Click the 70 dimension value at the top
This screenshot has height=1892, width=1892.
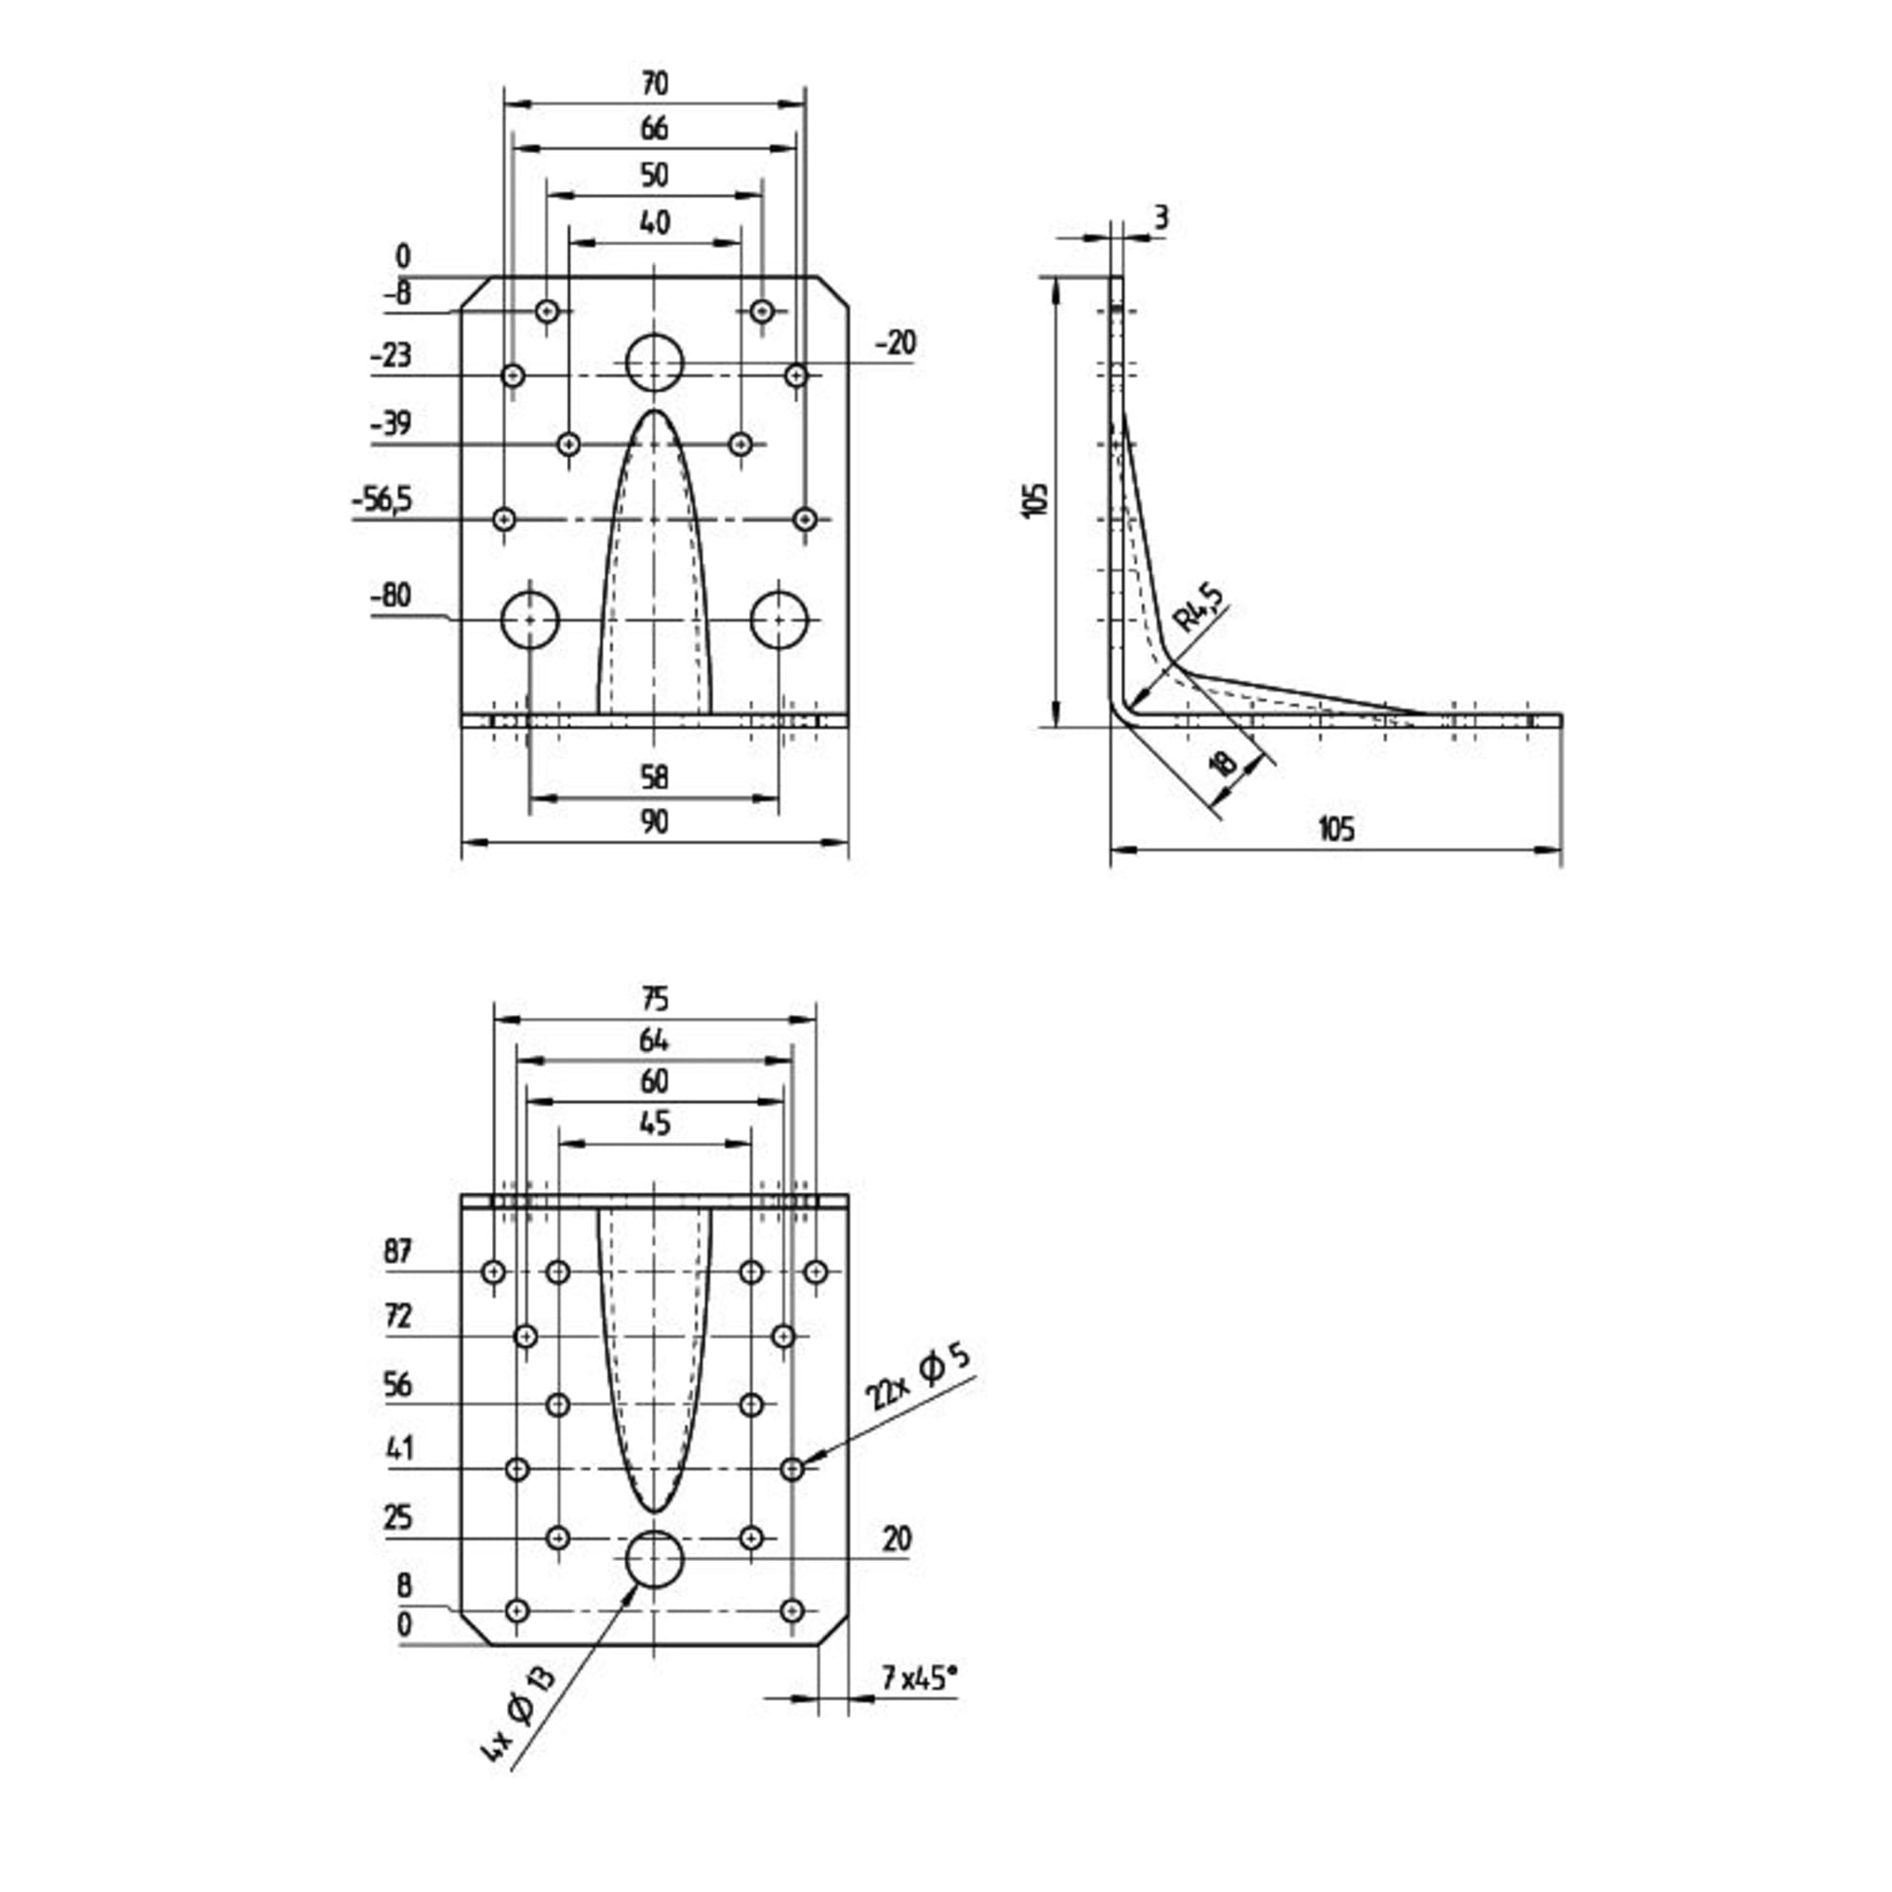[655, 84]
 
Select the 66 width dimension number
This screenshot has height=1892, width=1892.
[655, 129]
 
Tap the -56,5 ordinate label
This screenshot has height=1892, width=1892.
[383, 501]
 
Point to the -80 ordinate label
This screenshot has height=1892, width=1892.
[392, 595]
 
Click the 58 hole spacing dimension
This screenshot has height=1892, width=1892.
[655, 778]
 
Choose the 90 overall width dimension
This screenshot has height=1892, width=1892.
[655, 822]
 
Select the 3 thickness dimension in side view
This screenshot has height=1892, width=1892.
[1161, 218]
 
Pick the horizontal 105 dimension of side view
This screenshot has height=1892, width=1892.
[1336, 830]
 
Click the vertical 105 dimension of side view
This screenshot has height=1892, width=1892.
[1038, 499]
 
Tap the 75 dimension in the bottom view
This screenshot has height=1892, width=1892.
[655, 1000]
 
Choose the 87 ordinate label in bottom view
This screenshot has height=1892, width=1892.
[398, 1252]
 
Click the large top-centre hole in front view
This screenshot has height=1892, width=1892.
[655, 363]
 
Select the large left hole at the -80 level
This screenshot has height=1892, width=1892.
[530, 620]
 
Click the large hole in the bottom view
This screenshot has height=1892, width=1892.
[655, 1560]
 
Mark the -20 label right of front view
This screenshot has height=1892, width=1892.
[895, 342]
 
